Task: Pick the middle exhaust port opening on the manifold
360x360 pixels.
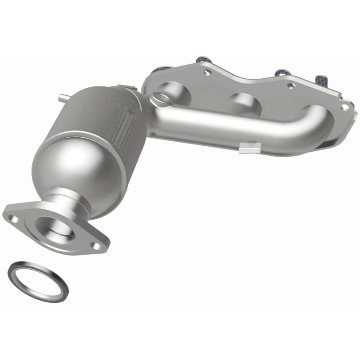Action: (x=243, y=101)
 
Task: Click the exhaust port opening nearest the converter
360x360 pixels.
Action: (x=178, y=90)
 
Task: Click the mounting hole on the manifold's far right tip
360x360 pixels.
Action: (x=345, y=107)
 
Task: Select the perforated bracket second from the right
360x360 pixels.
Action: (x=282, y=72)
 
